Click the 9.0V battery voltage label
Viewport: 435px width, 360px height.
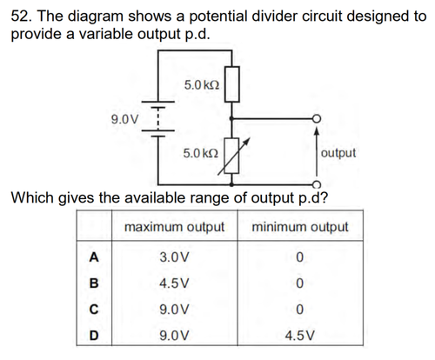[125, 119]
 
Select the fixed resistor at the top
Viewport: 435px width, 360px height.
[232, 84]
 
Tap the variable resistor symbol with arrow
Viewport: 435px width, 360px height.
[232, 156]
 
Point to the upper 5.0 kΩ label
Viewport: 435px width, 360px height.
[202, 85]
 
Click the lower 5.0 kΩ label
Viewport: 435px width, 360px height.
[201, 153]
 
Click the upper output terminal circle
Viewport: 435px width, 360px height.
[317, 118]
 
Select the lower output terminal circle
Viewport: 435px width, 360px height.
[317, 184]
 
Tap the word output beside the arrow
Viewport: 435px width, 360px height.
[338, 153]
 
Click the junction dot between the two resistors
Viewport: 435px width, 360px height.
[231, 118]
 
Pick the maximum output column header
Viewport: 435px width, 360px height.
[174, 227]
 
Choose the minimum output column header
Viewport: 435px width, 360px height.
[300, 227]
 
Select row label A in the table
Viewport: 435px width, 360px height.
[94, 257]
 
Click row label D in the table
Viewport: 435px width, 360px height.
[94, 336]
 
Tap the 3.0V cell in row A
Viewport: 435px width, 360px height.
[174, 257]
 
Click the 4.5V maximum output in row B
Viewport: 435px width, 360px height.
[174, 283]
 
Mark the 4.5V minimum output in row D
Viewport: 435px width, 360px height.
[300, 336]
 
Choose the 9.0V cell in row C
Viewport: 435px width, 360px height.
[174, 310]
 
